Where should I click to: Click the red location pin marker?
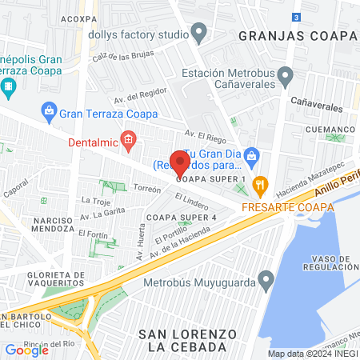(180, 164)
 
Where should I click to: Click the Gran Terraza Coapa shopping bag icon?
(50, 108)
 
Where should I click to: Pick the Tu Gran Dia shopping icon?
(251, 154)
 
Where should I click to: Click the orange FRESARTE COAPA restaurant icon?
(260, 186)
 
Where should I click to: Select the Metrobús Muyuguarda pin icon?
(266, 281)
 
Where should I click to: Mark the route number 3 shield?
(297, 17)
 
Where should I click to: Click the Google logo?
(26, 350)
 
